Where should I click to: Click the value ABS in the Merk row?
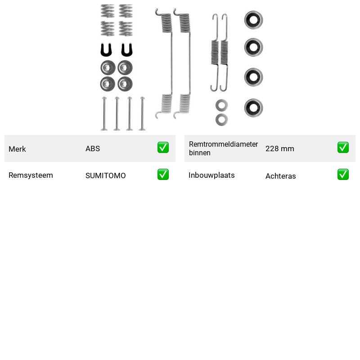(x=93, y=148)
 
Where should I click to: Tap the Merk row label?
(x=17, y=149)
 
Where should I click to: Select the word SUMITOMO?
(x=106, y=175)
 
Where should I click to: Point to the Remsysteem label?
(x=31, y=175)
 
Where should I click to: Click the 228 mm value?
(x=279, y=148)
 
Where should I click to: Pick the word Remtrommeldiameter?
(x=223, y=144)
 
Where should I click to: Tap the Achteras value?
(x=280, y=176)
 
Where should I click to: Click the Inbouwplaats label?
(x=211, y=175)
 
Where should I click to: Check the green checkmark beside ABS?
(x=163, y=148)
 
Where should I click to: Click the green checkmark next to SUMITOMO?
(x=163, y=175)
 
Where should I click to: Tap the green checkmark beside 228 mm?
(x=343, y=148)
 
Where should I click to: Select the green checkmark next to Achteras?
(x=343, y=175)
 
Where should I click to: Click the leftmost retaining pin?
(x=104, y=114)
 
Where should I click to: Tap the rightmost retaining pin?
(x=142, y=114)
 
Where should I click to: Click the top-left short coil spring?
(x=108, y=11)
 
